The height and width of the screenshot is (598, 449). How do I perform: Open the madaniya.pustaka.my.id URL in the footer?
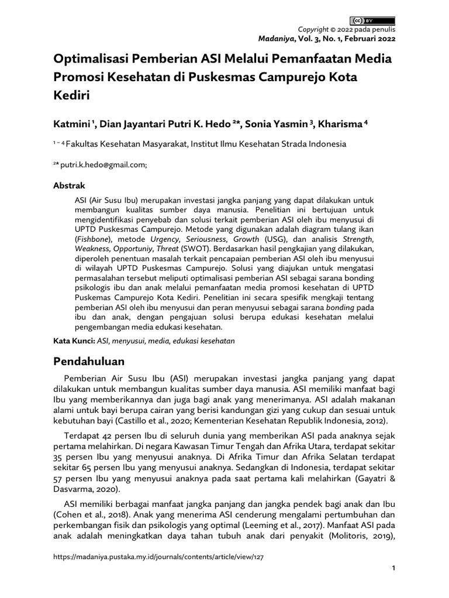tap(158, 557)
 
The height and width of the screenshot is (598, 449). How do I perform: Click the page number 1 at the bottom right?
tap(393, 568)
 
